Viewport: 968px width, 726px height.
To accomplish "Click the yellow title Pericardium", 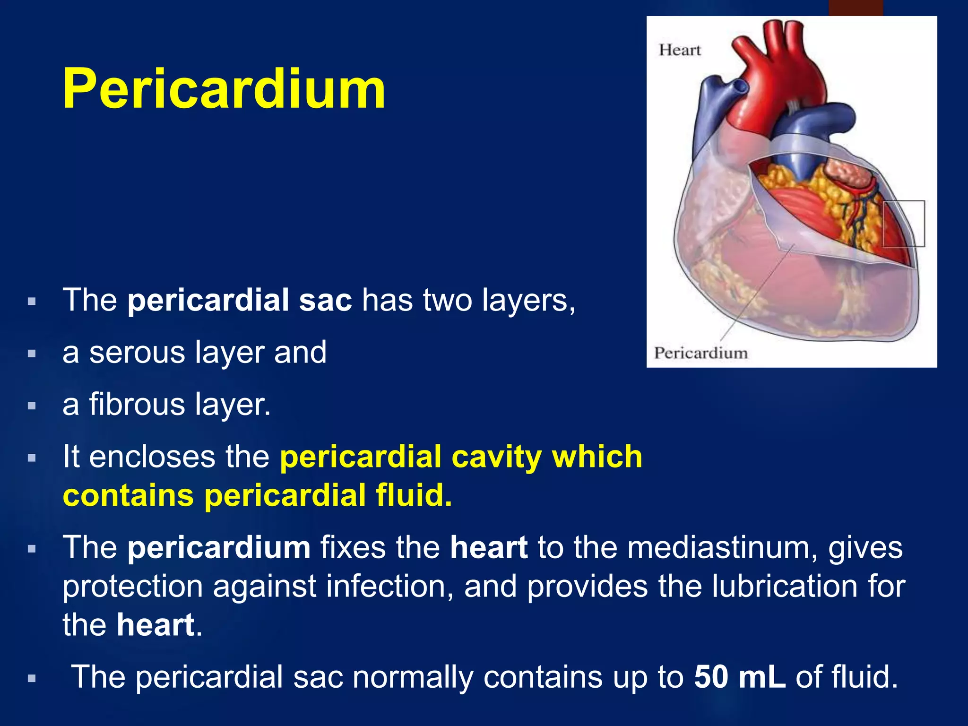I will (224, 89).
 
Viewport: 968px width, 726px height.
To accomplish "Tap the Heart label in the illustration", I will (679, 50).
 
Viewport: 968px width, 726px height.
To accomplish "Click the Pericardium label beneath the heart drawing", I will (700, 353).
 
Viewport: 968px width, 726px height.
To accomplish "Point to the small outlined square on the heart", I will (903, 223).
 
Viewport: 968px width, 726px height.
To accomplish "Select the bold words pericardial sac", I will (240, 300).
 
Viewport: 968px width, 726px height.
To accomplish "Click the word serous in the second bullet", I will (137, 353).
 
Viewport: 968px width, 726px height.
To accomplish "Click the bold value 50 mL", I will (739, 677).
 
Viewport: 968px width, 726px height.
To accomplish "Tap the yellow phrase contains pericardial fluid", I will (258, 495).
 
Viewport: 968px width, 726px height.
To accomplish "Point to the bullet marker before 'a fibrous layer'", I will (32, 406).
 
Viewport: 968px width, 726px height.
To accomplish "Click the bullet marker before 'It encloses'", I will (32, 458).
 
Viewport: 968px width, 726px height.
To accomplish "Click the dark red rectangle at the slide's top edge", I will (856, 8).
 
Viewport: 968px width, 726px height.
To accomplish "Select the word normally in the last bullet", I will (413, 677).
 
